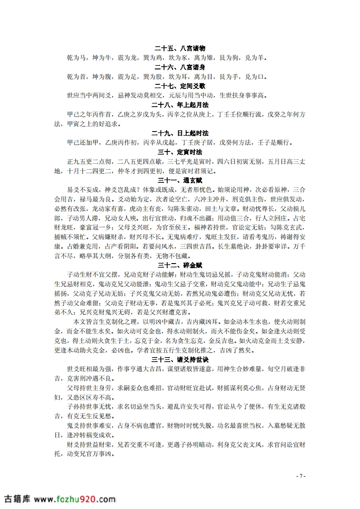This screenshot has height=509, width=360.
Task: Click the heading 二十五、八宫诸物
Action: pyautogui.click(x=180, y=48)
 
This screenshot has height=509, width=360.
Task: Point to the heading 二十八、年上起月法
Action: pyautogui.click(x=180, y=105)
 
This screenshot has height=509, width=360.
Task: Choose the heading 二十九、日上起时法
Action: pyautogui.click(x=180, y=133)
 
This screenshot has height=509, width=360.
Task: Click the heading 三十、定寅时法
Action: pyautogui.click(x=180, y=152)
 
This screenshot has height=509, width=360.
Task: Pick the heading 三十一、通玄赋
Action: pyautogui.click(x=180, y=181)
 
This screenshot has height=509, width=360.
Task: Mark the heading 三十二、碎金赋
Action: pyautogui.click(x=180, y=265)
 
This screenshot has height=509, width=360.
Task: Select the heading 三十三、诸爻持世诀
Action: pyautogui.click(x=180, y=360)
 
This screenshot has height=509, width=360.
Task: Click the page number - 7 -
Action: pyautogui.click(x=301, y=476)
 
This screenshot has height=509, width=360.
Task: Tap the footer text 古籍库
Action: pyautogui.click(x=17, y=499)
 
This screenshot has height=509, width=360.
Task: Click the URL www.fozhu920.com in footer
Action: pyautogui.click(x=75, y=499)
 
